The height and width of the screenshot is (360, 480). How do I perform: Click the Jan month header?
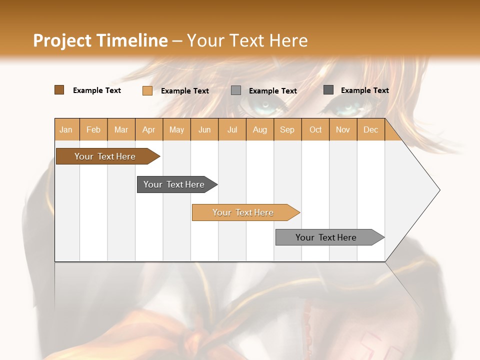click(x=66, y=129)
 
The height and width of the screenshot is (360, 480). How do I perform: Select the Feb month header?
click(x=93, y=129)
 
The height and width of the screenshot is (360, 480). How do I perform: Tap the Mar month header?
click(x=121, y=129)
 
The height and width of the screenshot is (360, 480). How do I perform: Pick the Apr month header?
click(x=149, y=129)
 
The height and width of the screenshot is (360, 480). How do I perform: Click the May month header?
click(x=176, y=129)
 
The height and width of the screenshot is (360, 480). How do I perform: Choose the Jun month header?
click(x=204, y=129)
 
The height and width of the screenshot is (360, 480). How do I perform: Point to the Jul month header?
click(x=232, y=129)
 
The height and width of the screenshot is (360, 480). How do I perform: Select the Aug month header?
click(x=260, y=129)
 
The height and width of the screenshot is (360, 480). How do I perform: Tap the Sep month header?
click(x=287, y=129)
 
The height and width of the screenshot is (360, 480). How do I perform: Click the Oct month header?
click(x=315, y=129)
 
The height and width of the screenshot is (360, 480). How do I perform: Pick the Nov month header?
click(x=343, y=129)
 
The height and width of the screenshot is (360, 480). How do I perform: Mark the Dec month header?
click(x=370, y=129)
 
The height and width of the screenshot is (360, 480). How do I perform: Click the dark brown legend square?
click(x=59, y=90)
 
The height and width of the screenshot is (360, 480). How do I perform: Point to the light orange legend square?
click(x=147, y=90)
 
